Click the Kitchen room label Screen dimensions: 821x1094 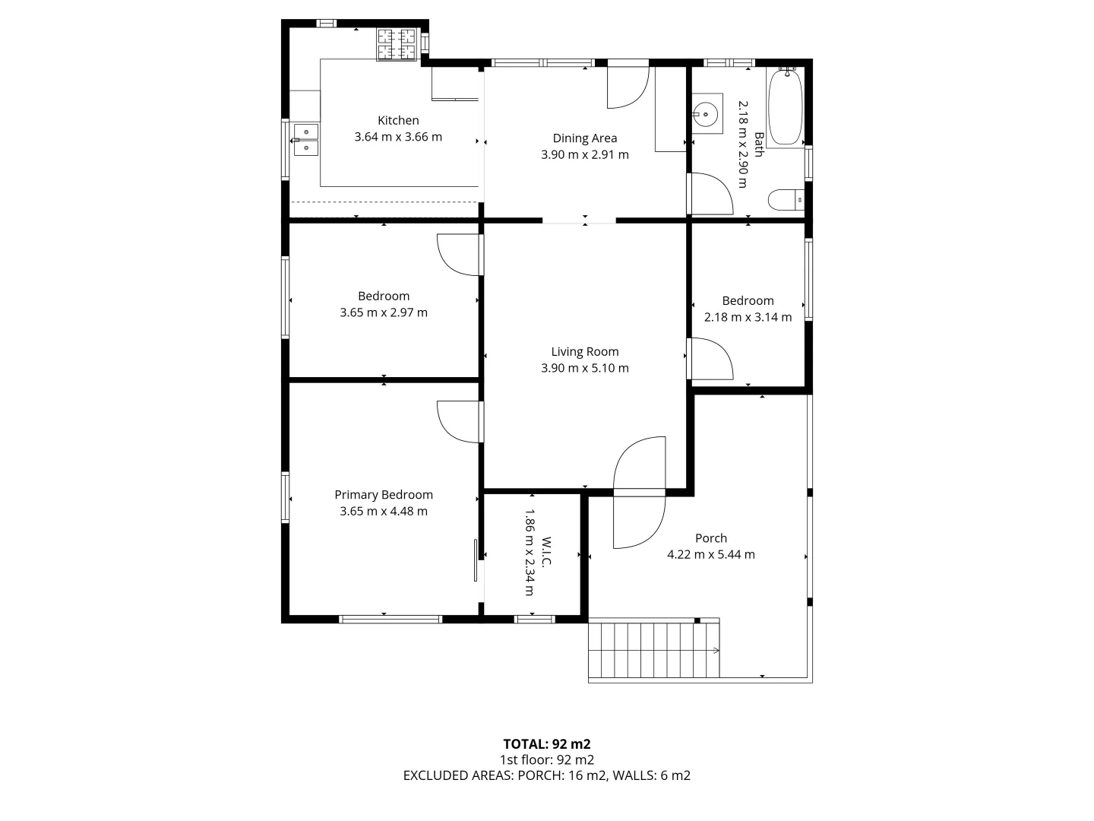click(398, 120)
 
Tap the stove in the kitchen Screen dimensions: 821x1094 click(397, 44)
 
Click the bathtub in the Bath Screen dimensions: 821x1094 click(786, 107)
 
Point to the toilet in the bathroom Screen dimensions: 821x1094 click(786, 200)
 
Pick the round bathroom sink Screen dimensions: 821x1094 click(706, 115)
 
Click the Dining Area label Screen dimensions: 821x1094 click(584, 138)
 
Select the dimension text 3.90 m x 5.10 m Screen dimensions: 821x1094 click(584, 368)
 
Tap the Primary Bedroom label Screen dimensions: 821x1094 click(384, 494)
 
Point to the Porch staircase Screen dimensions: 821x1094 click(653, 650)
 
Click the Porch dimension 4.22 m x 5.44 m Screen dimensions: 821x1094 click(710, 554)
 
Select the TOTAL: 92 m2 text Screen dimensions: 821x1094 click(546, 743)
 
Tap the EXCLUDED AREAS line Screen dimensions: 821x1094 click(546, 775)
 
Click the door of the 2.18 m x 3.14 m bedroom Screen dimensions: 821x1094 click(710, 359)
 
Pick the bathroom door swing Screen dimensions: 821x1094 click(710, 195)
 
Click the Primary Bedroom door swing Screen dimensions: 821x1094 click(460, 420)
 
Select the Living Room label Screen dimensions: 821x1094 click(584, 351)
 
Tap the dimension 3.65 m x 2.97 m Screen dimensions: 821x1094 click(384, 312)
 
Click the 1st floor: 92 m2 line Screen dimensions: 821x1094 click(546, 759)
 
